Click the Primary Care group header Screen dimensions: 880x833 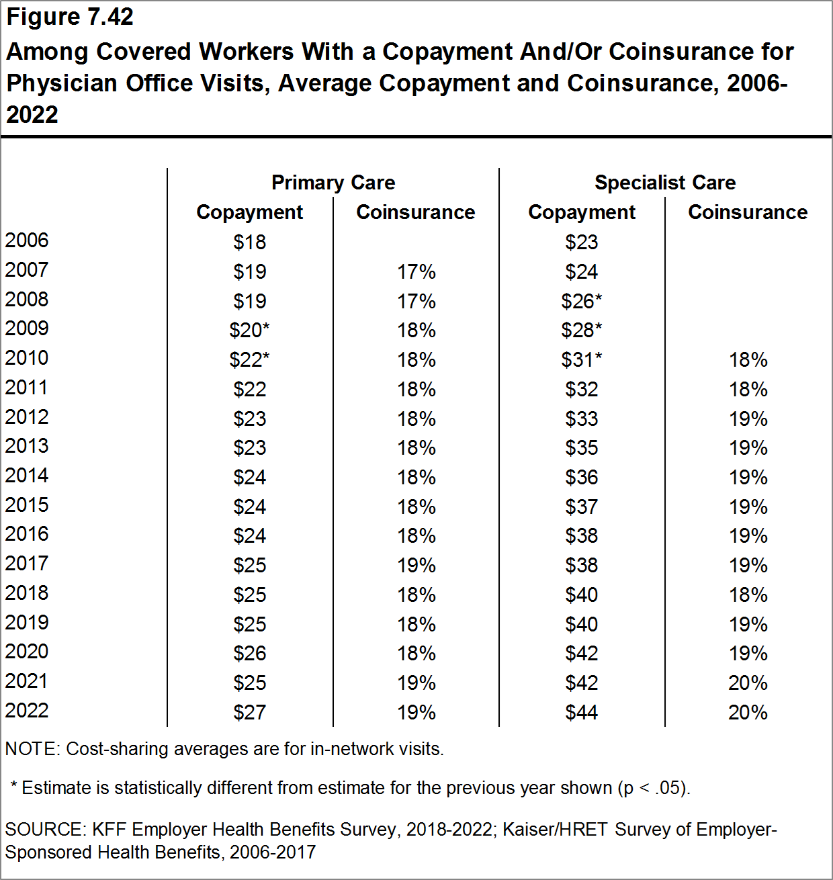pos(333,183)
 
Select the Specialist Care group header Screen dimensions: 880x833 pos(665,183)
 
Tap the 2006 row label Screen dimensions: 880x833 pos(27,240)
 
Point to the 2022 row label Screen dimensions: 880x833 pos(27,711)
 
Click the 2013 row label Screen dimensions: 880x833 pos(27,446)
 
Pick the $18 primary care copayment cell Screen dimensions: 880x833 pos(250,242)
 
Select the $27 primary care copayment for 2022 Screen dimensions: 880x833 pos(250,712)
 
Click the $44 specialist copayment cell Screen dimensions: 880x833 pos(582,712)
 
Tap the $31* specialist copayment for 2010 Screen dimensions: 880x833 pos(582,360)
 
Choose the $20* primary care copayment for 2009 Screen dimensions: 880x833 pos(250,331)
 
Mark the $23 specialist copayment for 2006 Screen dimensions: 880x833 pos(582,242)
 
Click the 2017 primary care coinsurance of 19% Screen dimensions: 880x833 pos(416,566)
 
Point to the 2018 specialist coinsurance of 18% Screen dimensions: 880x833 pos(748,595)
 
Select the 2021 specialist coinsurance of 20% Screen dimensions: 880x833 pos(748,683)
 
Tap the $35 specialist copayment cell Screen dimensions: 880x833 pos(582,448)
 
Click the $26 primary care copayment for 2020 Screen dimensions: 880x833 pos(250,654)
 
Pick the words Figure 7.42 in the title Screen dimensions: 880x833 pos(70,17)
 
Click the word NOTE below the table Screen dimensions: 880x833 pos(31,749)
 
